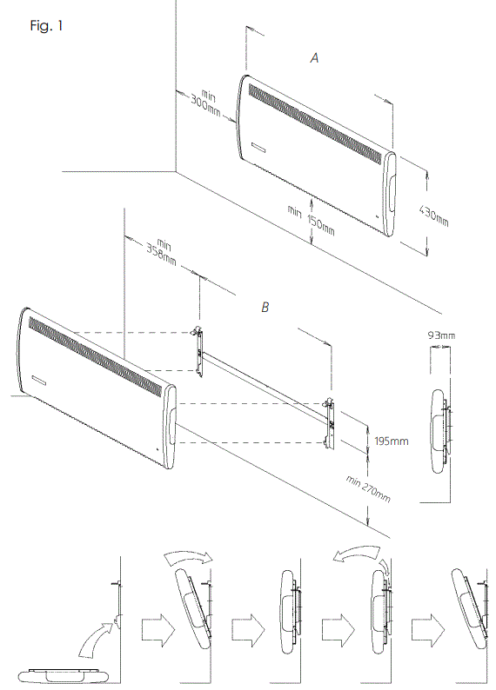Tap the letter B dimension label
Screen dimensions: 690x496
265,308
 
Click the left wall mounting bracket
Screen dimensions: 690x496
199,354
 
